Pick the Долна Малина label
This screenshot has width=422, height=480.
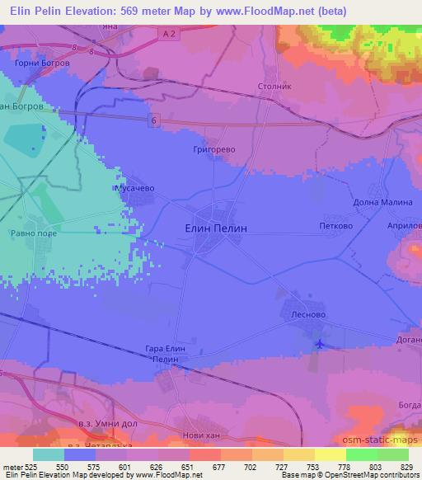pos(382,202)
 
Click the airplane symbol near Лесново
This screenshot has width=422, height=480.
pos(320,343)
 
